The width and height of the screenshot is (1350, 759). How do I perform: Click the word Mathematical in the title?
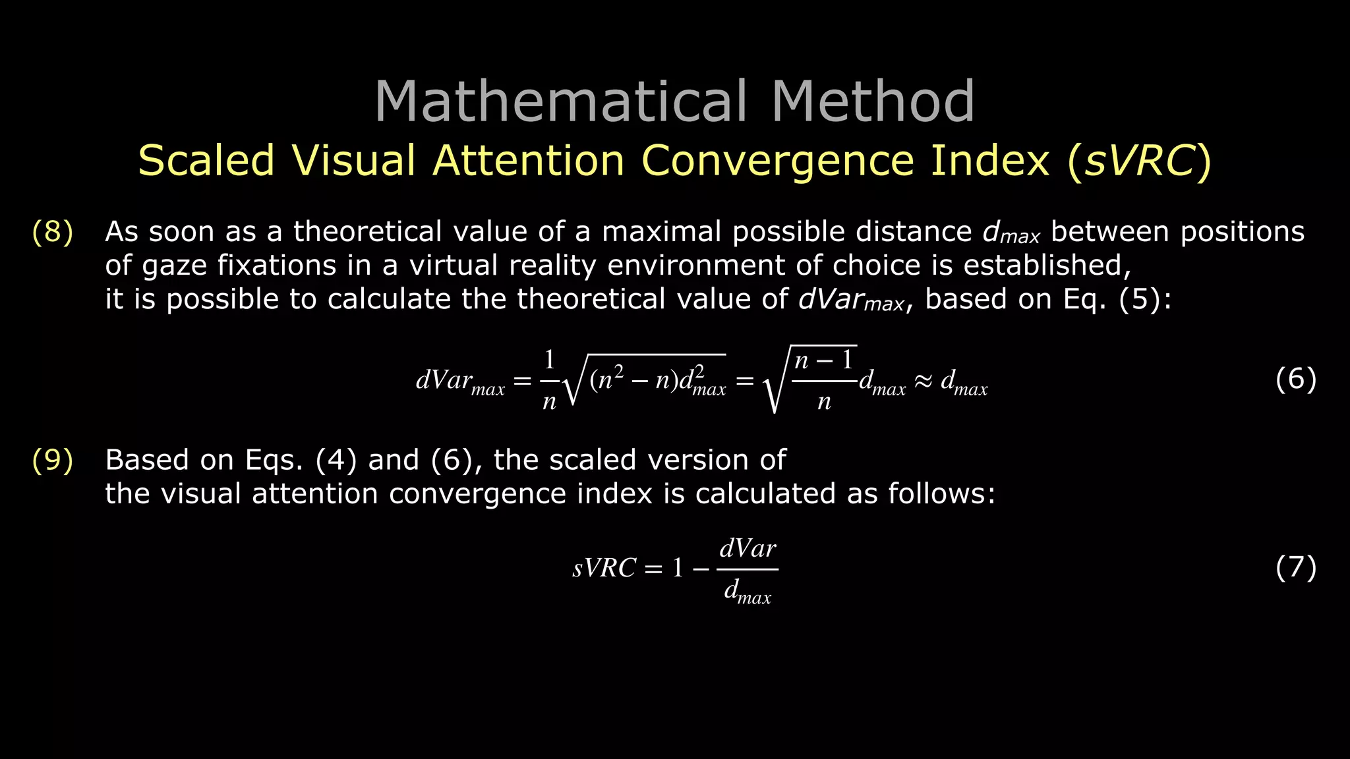tap(561, 101)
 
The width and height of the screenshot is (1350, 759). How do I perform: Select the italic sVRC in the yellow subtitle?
tap(1139, 161)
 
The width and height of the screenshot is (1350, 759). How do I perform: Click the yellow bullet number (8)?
tap(52, 232)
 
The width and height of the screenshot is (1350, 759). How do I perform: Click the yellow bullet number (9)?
tap(52, 460)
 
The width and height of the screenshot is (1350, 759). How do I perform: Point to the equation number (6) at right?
tap(1295, 379)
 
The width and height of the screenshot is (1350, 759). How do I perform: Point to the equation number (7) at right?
tap(1295, 567)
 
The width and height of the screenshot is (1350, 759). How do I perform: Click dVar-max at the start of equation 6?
tap(459, 381)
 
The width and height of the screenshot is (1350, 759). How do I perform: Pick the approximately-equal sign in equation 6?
tap(924, 381)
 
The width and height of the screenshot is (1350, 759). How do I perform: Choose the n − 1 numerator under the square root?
tap(823, 360)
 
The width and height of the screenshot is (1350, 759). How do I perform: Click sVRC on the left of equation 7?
tap(604, 568)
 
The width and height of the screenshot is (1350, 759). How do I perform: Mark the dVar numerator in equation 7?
tap(748, 549)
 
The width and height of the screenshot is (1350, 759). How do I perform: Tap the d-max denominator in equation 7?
tap(748, 592)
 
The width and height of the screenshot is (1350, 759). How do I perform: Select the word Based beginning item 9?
tap(147, 460)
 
